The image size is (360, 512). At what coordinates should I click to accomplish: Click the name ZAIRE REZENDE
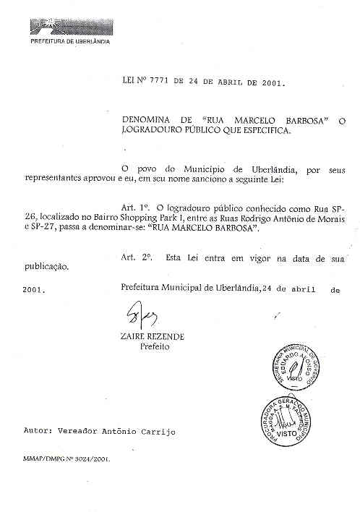[x=153, y=336]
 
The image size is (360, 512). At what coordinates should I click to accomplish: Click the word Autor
[x=36, y=431]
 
